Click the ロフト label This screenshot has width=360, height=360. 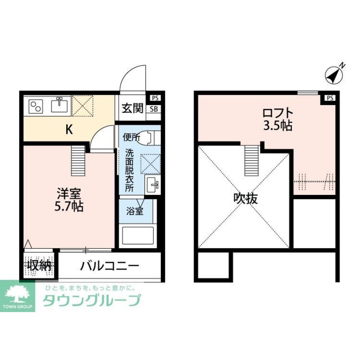pyautogui.click(x=277, y=113)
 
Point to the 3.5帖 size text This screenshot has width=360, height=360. pyautogui.click(x=277, y=126)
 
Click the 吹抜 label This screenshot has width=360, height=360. pyautogui.click(x=246, y=199)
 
